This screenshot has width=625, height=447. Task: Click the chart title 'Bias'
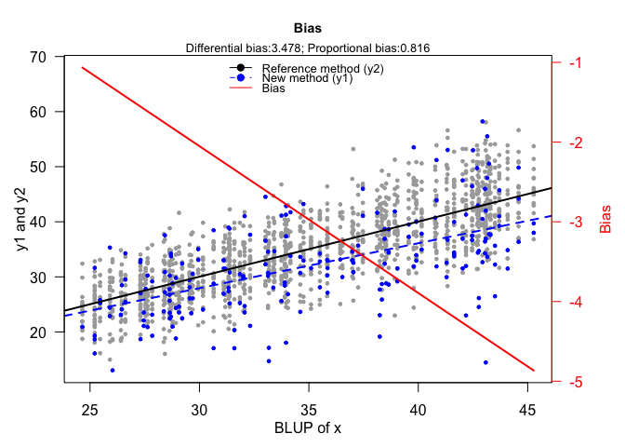(307, 27)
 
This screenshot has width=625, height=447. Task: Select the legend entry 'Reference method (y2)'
(323, 69)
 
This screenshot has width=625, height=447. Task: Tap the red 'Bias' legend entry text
(273, 89)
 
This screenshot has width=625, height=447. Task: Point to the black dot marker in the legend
(242, 69)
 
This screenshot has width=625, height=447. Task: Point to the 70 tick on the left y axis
(38, 57)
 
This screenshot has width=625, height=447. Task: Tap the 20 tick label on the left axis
(38, 332)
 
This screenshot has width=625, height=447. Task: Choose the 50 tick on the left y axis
(38, 167)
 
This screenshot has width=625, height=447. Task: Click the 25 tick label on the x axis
(90, 411)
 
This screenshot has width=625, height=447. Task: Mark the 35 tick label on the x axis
(309, 411)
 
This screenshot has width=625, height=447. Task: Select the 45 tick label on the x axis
(527, 411)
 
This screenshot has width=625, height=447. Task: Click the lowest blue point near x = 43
(485, 362)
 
